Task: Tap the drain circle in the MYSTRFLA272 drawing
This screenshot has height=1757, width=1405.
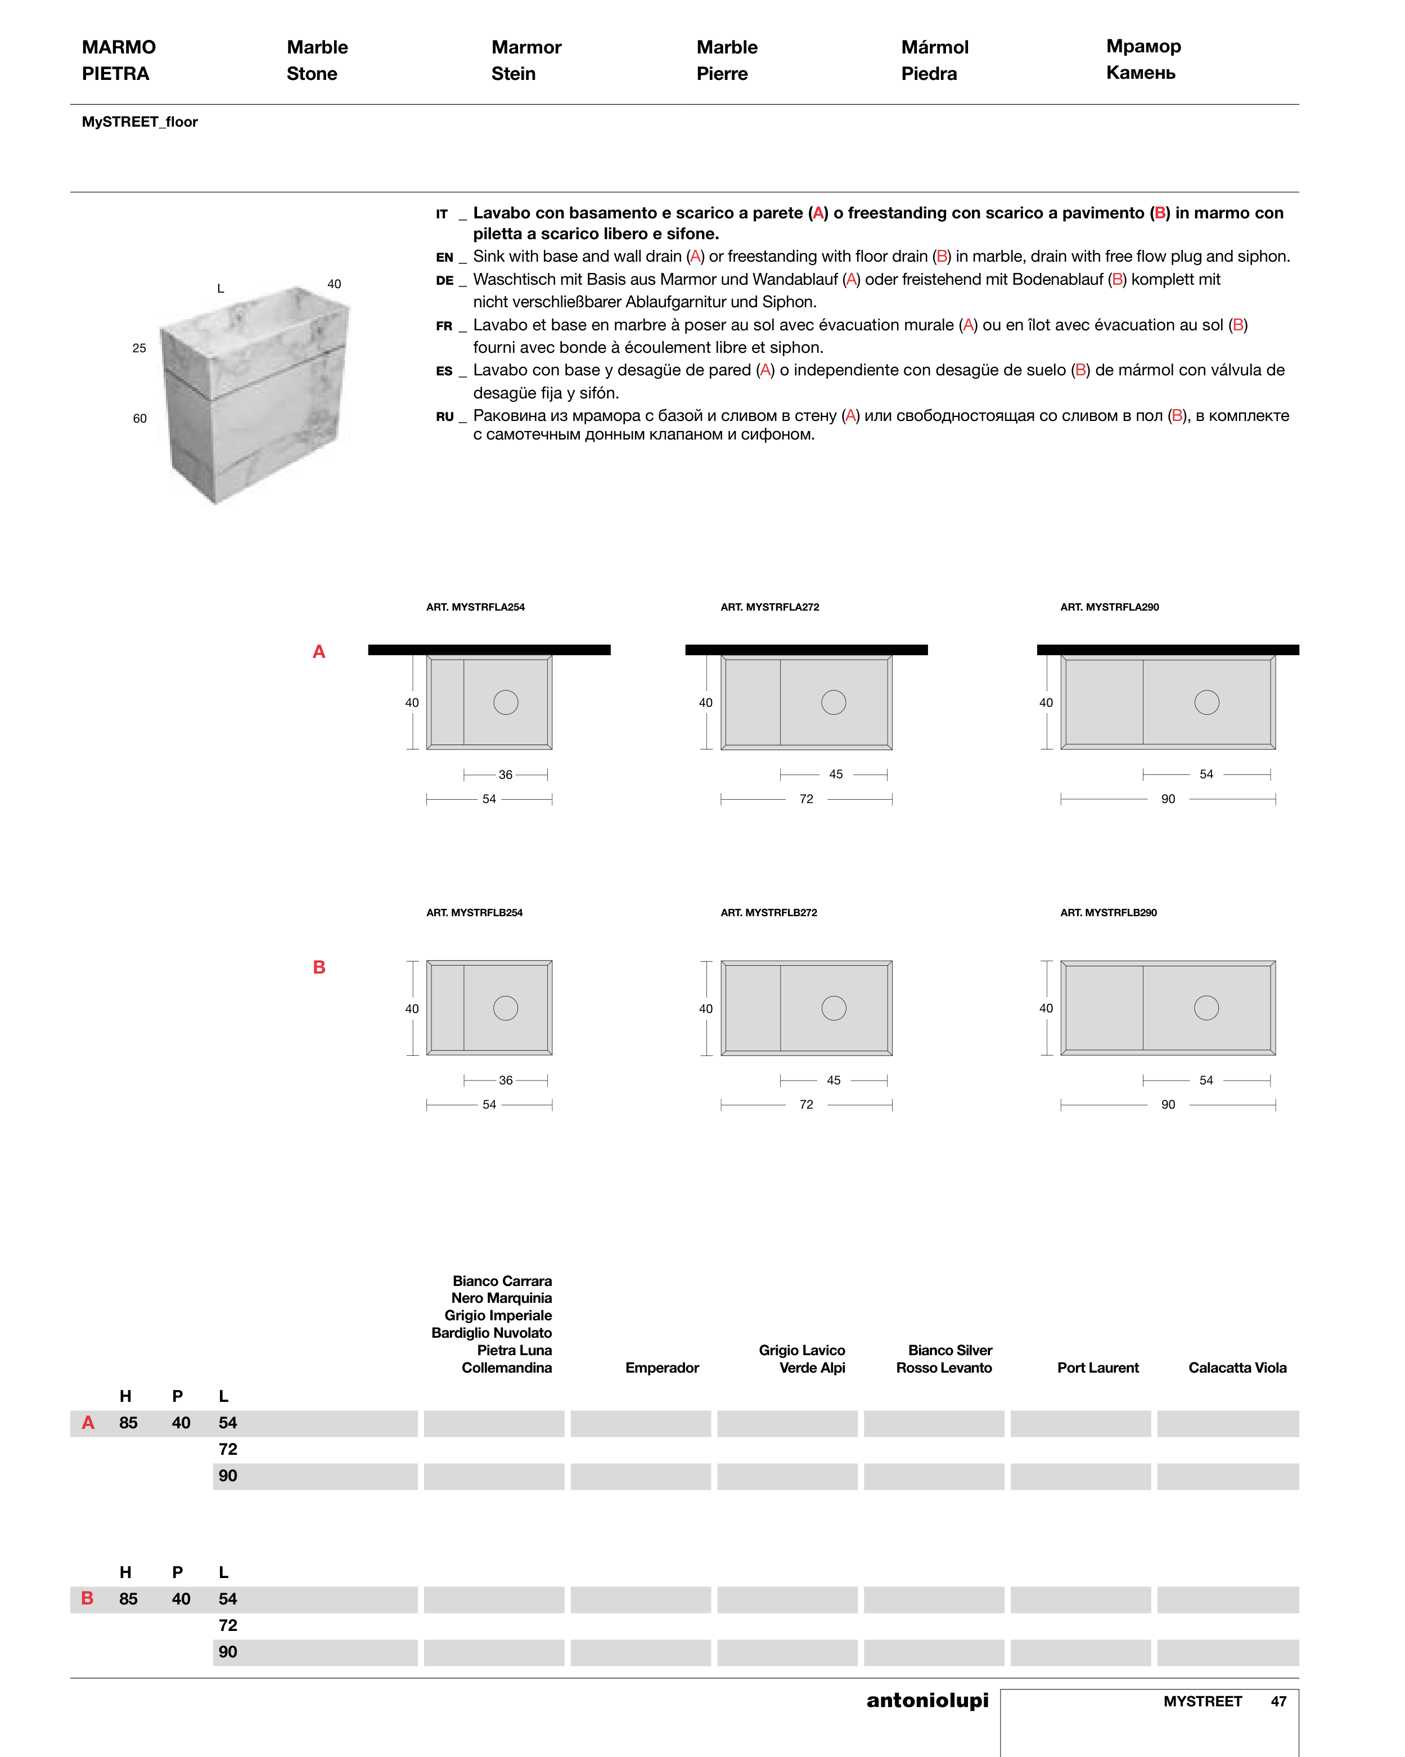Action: tap(833, 702)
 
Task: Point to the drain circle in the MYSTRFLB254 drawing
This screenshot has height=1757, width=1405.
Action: tap(506, 1008)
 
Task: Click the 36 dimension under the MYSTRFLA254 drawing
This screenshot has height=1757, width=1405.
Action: tap(506, 774)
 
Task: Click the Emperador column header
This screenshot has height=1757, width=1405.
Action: tap(661, 1368)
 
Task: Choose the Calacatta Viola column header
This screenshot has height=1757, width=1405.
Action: tap(1237, 1368)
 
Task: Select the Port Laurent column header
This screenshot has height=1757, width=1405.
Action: tap(1097, 1368)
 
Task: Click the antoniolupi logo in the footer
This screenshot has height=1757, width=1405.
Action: tap(927, 1700)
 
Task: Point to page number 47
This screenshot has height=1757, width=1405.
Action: tap(1278, 1702)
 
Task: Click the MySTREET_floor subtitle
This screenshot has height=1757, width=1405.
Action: tap(139, 122)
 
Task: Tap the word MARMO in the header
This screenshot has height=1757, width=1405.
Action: tap(119, 47)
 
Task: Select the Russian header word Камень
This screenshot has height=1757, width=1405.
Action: tap(1140, 73)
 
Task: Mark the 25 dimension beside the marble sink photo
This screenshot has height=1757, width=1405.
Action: tap(139, 348)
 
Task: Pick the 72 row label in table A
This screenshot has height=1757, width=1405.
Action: tap(228, 1449)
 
